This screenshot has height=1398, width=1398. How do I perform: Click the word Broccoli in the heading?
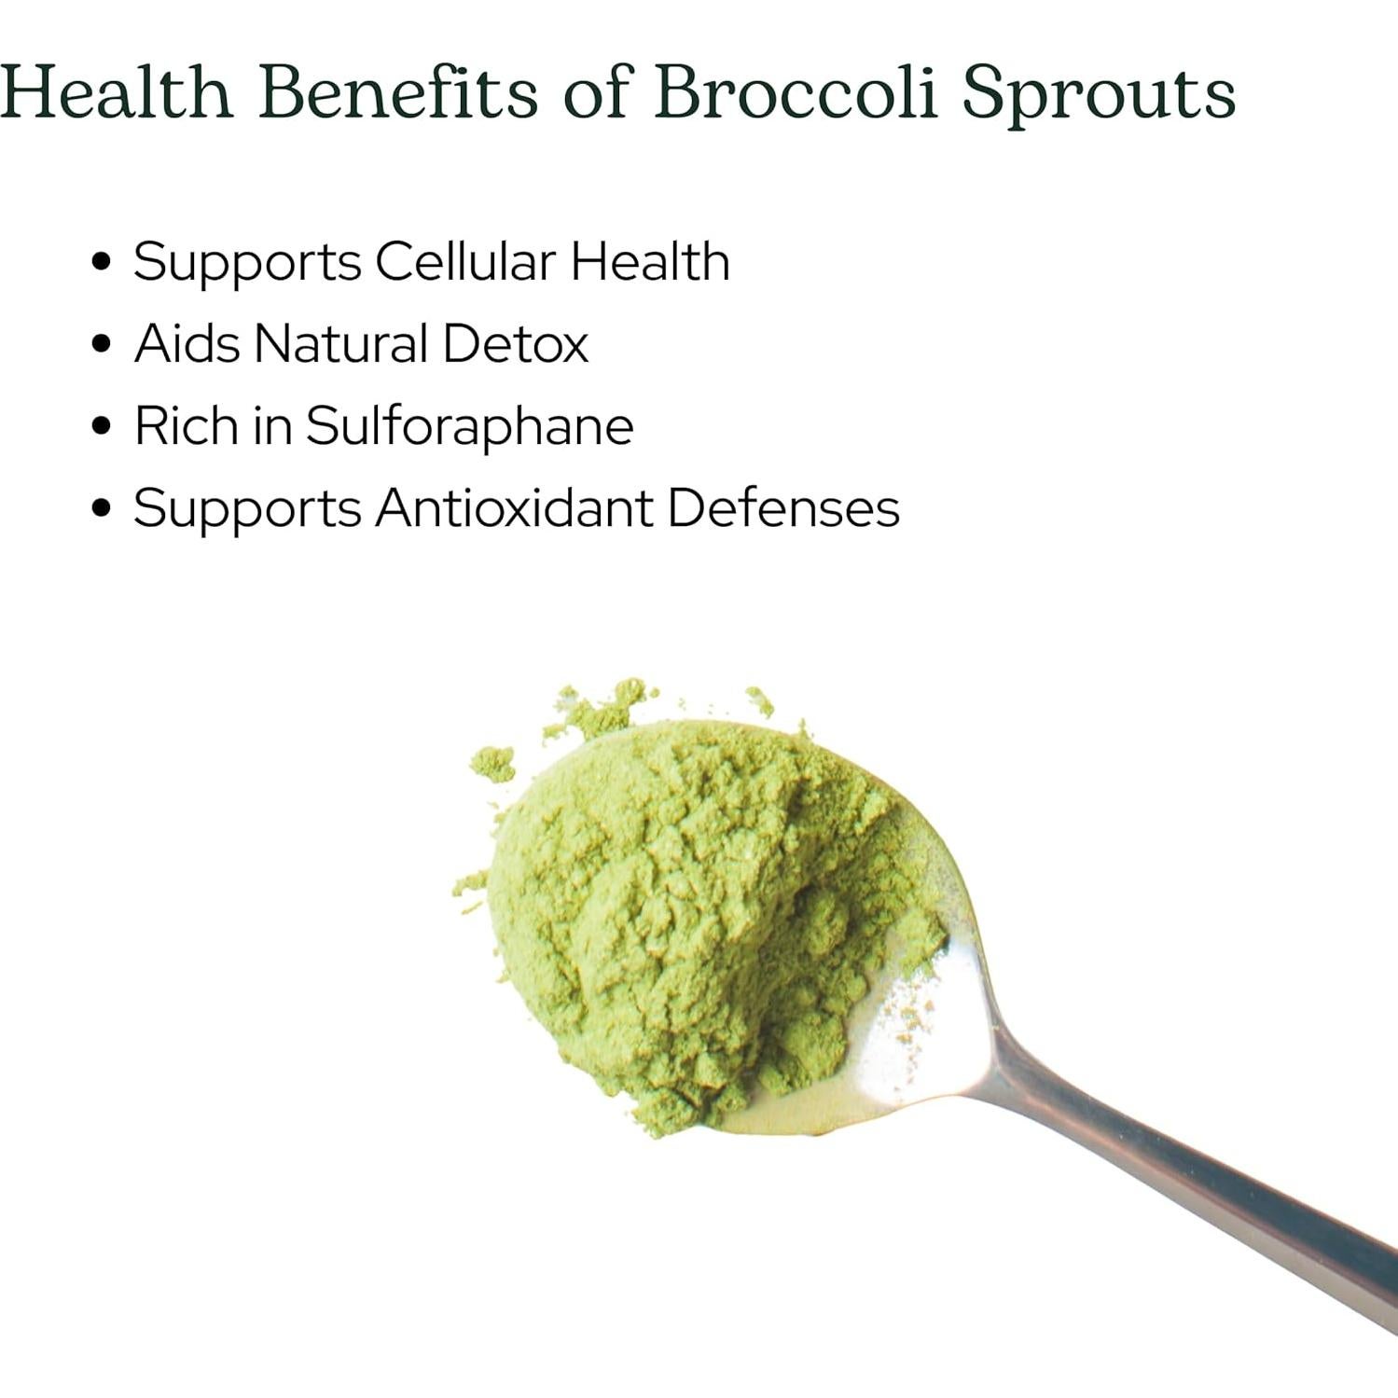tap(796, 93)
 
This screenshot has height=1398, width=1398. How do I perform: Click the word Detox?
tap(515, 343)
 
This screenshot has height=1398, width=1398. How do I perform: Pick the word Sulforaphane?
tap(469, 426)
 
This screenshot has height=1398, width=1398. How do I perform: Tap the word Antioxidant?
tap(514, 508)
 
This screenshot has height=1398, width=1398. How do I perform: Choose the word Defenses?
tap(782, 508)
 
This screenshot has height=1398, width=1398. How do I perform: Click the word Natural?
tap(340, 343)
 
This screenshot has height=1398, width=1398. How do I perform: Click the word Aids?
tap(187, 343)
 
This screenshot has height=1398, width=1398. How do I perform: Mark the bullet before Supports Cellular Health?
tap(103, 262)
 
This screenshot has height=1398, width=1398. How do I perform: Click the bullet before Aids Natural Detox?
tap(103, 344)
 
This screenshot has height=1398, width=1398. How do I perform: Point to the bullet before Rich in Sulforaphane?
tap(103, 426)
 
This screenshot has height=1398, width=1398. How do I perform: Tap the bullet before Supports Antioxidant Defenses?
tap(103, 509)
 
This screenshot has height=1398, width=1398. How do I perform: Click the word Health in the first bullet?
tap(650, 261)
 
